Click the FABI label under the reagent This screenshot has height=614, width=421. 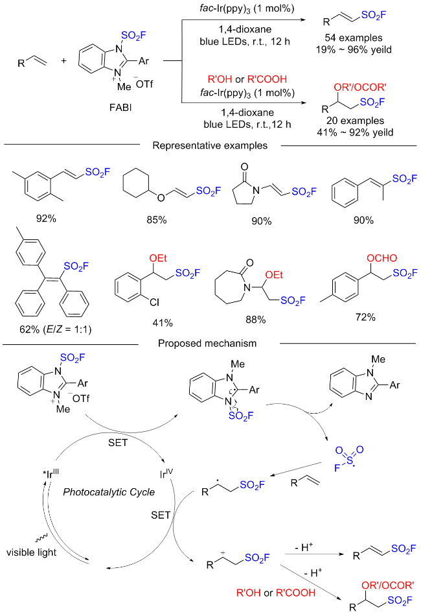pos(120,107)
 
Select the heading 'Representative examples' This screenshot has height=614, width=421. pos(210,146)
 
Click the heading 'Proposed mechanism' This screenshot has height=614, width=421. pos(207,344)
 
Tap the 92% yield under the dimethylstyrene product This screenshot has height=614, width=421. pos(46,218)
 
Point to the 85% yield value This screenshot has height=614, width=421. pos(157,220)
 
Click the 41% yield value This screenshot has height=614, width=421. pos(163,323)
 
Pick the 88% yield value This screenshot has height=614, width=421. pos(255,320)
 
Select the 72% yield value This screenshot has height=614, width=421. pos(365,317)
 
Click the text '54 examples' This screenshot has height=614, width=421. pos(353,38)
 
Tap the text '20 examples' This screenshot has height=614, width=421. pos(356,121)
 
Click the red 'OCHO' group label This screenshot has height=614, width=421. pos(381,258)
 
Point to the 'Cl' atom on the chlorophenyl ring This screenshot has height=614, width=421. pos(155,302)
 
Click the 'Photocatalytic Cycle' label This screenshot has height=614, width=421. pos(109,492)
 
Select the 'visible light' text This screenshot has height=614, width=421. pos(31,552)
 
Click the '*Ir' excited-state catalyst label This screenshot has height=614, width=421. pos(51,473)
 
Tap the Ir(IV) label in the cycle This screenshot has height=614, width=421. pos(166,473)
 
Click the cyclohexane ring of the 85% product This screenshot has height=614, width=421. pos(136,183)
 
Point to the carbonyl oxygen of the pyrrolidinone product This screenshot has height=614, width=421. pos(245,167)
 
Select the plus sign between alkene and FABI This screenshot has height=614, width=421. pos(63,61)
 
